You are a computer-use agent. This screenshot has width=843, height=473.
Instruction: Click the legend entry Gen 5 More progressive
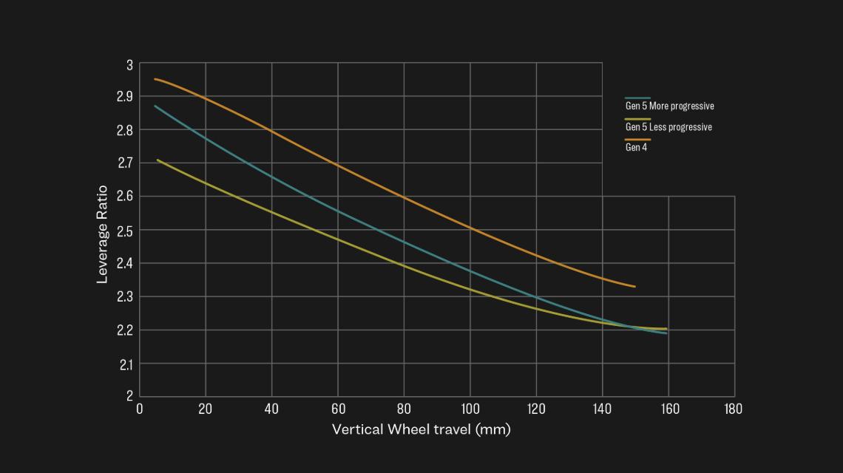click(x=669, y=106)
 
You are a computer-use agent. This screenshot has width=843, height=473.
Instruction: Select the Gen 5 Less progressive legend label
click(x=668, y=127)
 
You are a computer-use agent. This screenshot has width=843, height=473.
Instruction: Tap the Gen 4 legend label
click(x=636, y=147)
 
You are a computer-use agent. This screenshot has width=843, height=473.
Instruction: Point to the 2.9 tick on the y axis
click(x=124, y=96)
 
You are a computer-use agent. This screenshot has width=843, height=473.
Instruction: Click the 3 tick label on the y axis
click(x=129, y=65)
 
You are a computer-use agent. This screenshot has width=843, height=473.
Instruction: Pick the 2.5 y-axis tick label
click(x=124, y=231)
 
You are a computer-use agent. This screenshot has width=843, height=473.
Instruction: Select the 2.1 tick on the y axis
click(x=124, y=364)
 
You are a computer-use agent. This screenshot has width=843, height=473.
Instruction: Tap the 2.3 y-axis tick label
click(x=124, y=297)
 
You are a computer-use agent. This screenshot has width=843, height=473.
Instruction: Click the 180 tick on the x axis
click(x=734, y=409)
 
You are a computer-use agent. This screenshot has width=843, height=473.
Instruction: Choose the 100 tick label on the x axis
click(x=470, y=409)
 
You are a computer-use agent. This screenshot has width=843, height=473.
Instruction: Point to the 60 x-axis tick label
click(x=338, y=409)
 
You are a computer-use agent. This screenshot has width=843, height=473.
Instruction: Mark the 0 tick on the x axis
click(x=140, y=409)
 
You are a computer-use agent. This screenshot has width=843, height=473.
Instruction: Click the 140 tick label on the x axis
click(x=602, y=409)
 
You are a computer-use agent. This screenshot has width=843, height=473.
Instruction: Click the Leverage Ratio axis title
click(x=103, y=234)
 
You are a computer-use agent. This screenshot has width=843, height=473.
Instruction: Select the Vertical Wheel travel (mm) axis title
click(x=421, y=429)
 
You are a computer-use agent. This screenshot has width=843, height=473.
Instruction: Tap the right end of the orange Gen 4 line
click(x=634, y=287)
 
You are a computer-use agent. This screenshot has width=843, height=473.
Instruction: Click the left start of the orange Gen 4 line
click(x=155, y=79)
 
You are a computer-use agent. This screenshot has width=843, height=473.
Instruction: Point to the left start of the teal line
click(x=155, y=106)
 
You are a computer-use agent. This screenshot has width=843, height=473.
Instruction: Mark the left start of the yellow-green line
click(x=158, y=160)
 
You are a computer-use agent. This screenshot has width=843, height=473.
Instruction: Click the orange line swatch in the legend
click(x=637, y=139)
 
